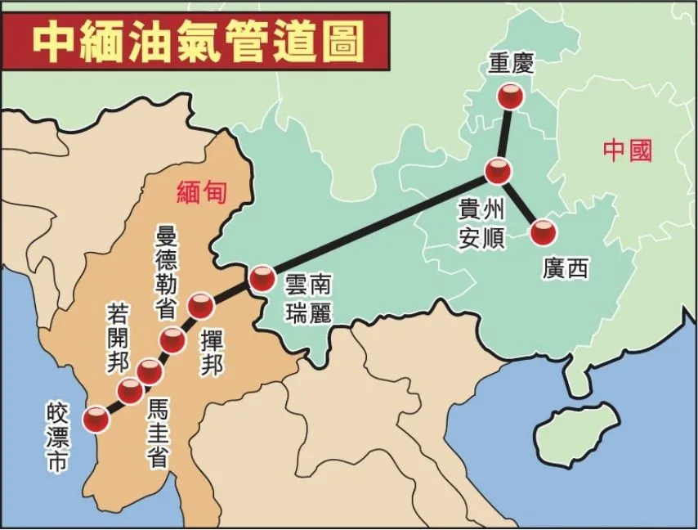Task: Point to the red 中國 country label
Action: [627, 150]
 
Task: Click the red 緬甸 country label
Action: [201, 191]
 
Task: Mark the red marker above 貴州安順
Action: [498, 172]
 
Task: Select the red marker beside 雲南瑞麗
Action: [262, 280]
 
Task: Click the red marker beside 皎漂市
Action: [96, 419]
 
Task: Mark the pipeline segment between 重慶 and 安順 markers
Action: [504, 135]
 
